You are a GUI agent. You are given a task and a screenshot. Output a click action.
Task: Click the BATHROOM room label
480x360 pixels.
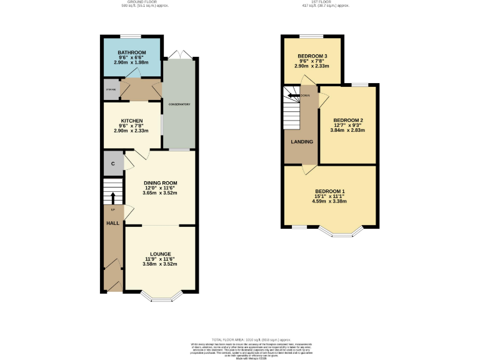132,52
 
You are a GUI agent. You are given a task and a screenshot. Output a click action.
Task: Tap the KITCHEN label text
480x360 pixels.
132,121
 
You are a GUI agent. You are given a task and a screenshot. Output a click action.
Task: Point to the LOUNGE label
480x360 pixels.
160,254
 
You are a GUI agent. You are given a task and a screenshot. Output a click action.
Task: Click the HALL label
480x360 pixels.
112,222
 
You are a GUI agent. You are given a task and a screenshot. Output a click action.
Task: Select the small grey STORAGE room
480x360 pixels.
111,89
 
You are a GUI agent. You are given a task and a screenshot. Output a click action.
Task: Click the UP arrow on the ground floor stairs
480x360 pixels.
113,197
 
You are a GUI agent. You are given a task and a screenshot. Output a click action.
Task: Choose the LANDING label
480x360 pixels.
301,141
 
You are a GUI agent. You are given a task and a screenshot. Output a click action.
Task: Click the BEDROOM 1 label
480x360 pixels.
329,191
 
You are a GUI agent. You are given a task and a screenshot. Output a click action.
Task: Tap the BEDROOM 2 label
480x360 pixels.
347,120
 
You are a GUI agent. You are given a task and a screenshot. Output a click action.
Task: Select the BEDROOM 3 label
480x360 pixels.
312,56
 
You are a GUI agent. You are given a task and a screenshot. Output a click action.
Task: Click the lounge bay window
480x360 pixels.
160,297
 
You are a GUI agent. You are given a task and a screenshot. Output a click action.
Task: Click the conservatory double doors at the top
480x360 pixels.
179,54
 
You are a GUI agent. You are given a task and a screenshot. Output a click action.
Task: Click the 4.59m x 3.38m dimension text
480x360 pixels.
329,201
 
